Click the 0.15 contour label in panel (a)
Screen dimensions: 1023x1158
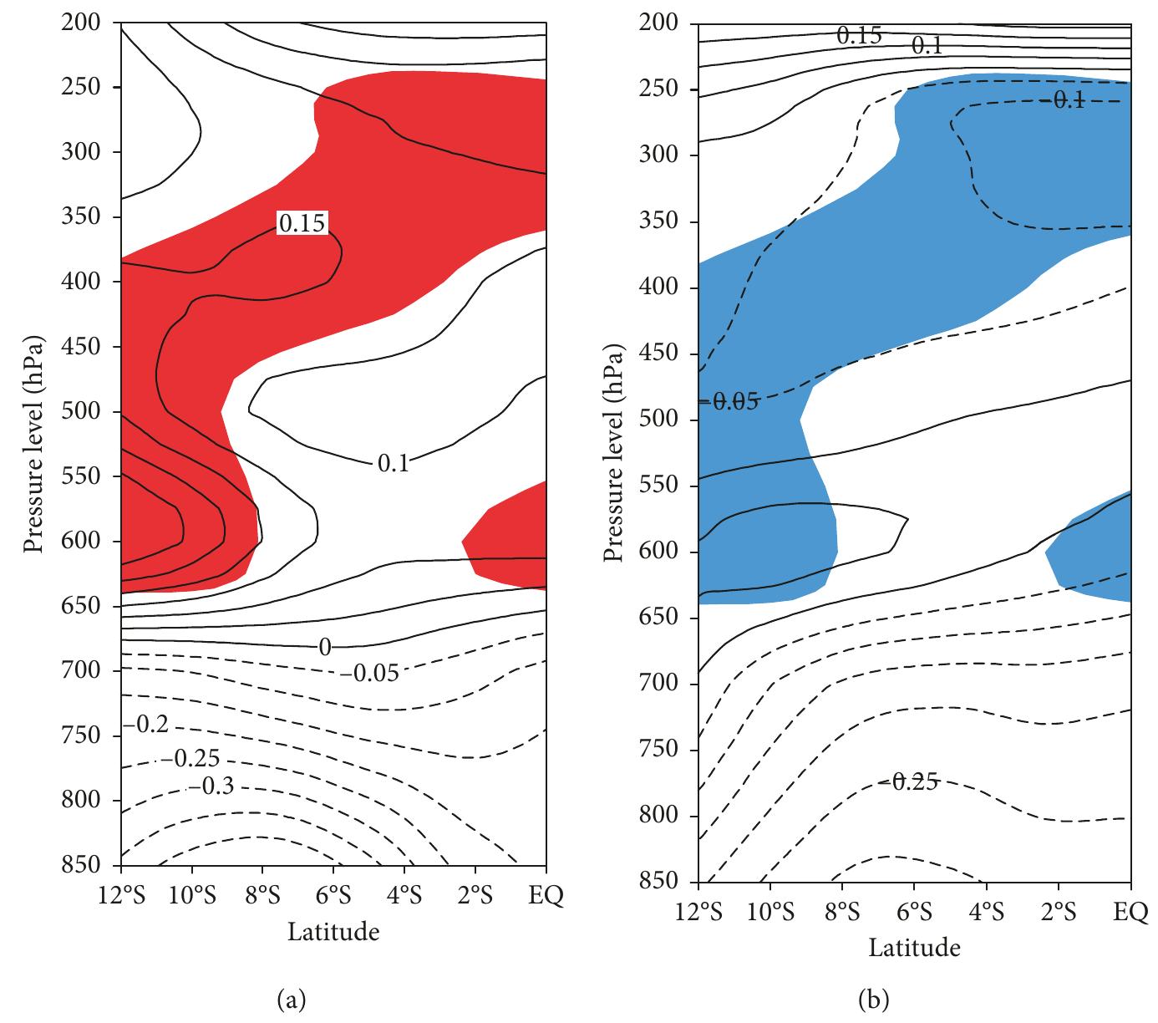coord(302,222)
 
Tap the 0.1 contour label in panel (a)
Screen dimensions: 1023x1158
coord(393,463)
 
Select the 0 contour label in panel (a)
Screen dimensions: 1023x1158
coord(324,646)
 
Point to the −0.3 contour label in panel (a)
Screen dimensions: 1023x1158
coord(212,786)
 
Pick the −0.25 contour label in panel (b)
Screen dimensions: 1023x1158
coord(907,782)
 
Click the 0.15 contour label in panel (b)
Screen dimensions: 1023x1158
coord(859,36)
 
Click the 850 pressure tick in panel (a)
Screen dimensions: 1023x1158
coord(81,865)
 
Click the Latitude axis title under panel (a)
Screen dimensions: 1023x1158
coord(333,931)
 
